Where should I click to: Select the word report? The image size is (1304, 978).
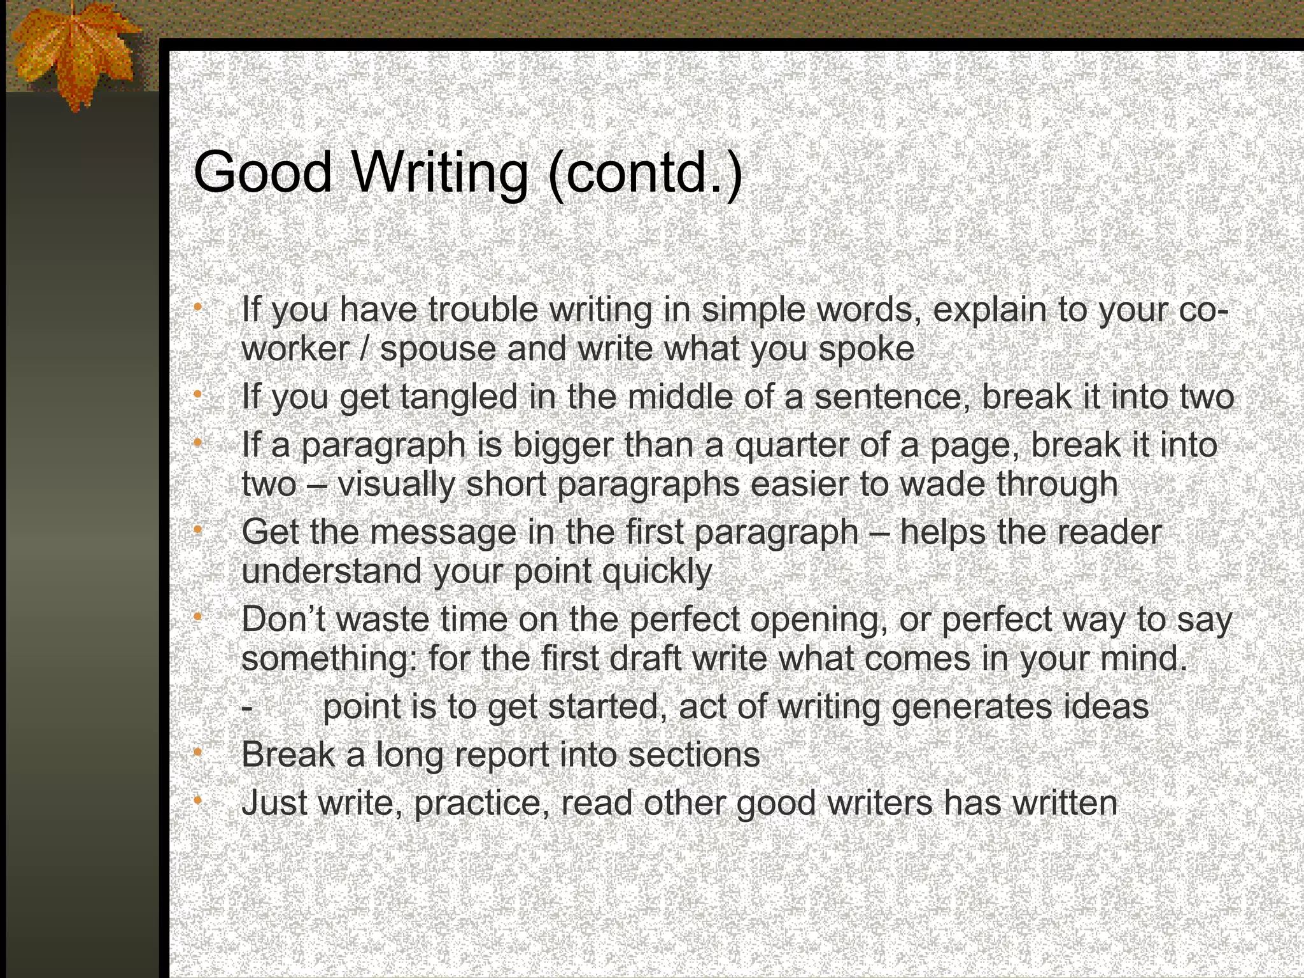(500, 756)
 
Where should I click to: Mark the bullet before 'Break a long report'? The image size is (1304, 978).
(198, 753)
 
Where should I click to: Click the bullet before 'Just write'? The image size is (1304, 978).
(198, 800)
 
